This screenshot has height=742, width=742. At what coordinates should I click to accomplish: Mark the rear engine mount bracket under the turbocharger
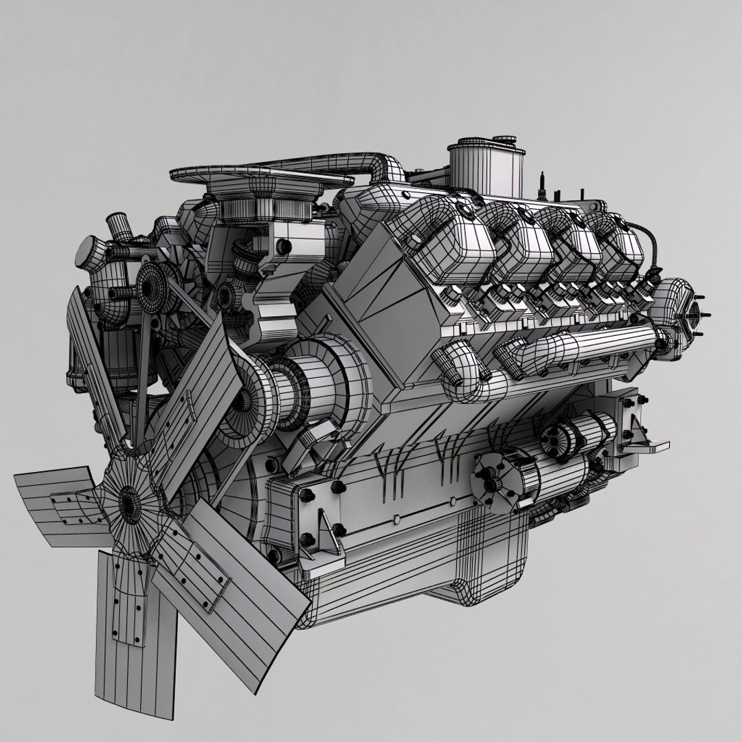pos(636,426)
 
